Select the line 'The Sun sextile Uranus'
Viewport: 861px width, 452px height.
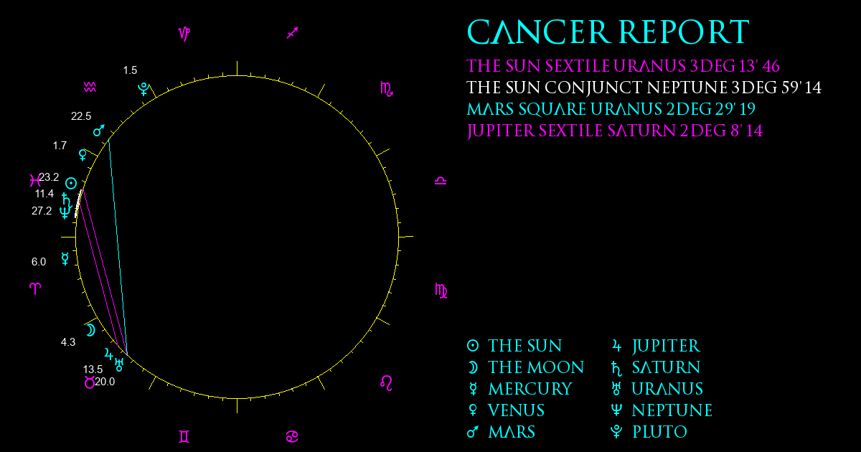[623, 66]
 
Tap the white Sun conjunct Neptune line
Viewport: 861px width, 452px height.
[644, 88]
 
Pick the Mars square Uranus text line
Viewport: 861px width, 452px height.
[611, 109]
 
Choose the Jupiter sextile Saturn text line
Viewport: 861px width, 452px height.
[615, 131]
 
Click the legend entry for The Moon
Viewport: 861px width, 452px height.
[525, 367]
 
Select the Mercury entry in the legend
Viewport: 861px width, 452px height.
[519, 389]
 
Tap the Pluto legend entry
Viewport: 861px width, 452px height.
[649, 432]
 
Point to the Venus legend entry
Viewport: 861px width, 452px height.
[506, 410]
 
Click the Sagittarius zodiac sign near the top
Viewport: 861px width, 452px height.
[293, 33]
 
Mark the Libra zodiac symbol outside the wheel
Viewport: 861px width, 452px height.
[441, 181]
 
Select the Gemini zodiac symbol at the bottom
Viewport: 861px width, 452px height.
[184, 437]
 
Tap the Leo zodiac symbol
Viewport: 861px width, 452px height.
[386, 383]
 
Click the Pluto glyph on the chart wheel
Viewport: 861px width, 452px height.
[143, 89]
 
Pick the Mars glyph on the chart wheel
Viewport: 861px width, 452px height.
[99, 131]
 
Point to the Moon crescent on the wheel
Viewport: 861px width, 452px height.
[90, 330]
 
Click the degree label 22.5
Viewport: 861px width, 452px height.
[81, 116]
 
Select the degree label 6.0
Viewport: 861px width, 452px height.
[39, 262]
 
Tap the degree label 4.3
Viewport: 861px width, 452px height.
[68, 342]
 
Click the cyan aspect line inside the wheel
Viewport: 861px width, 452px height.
[118, 247]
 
